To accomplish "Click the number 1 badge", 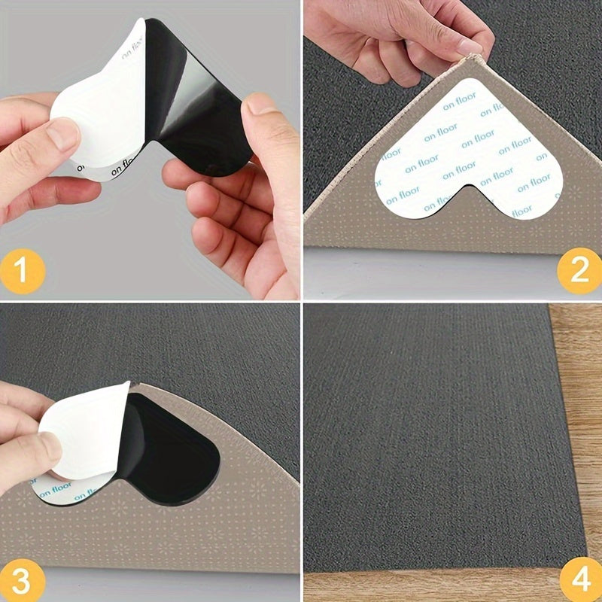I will point(22,269).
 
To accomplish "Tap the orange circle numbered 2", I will point(579,269).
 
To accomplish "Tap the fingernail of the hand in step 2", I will point(470,47).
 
